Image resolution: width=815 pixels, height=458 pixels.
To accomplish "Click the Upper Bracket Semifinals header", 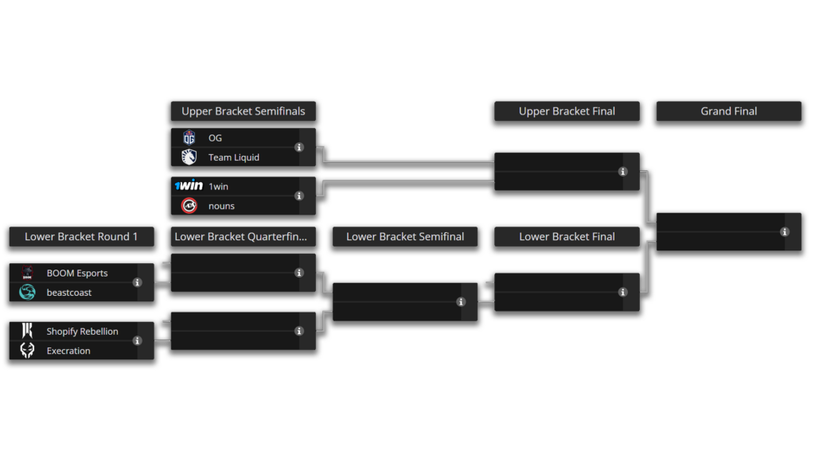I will click(243, 111).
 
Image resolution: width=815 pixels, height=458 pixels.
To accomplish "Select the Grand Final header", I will click(728, 111).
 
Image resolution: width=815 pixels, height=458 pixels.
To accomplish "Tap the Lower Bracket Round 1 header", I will click(81, 236).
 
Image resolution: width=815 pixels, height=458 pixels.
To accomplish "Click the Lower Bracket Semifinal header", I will click(404, 236).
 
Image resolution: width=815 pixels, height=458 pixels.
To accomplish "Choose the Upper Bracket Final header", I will click(567, 111).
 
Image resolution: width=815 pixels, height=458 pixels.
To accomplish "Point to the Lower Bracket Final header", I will click(567, 236).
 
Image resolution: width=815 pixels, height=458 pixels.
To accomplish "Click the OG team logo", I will click(189, 138).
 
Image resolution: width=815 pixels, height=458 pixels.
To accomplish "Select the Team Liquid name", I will click(233, 157).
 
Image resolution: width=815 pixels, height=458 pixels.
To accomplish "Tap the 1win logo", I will click(189, 186).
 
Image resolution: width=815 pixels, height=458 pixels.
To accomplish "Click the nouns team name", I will click(221, 206).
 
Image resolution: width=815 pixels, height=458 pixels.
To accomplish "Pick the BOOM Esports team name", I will click(76, 273).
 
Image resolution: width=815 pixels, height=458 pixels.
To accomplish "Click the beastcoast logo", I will click(27, 293).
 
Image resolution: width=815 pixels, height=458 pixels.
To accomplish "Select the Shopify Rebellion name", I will click(82, 332).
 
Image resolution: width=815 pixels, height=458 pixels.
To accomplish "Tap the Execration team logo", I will click(27, 351).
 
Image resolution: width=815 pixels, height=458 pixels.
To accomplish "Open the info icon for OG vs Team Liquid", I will click(299, 147).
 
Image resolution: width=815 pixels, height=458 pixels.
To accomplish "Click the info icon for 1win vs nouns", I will click(299, 196).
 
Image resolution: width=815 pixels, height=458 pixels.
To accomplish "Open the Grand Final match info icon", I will click(785, 232).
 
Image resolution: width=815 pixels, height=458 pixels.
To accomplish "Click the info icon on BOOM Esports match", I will click(138, 282).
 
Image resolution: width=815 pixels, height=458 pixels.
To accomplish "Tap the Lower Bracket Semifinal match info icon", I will click(461, 302).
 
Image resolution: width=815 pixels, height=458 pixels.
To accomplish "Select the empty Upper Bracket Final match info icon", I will click(623, 172).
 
